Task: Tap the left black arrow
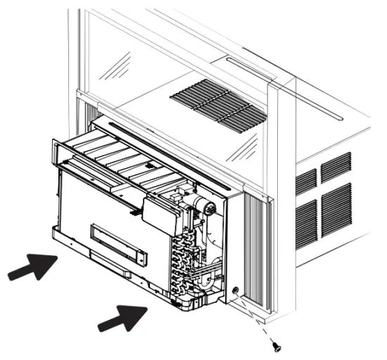(32, 268)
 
